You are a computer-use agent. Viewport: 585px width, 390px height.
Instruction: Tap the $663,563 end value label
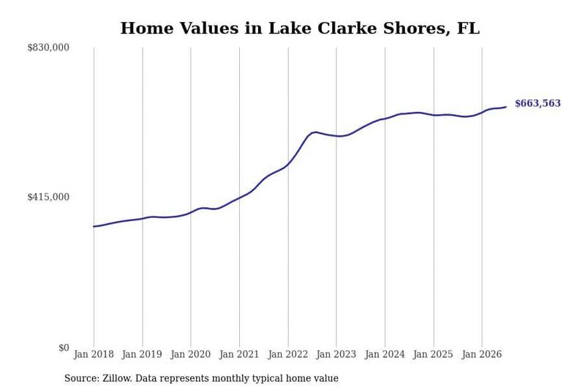pyautogui.click(x=537, y=103)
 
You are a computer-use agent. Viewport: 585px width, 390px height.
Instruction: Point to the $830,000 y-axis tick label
pyautogui.click(x=48, y=48)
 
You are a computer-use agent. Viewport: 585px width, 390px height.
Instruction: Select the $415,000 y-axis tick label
pyautogui.click(x=48, y=197)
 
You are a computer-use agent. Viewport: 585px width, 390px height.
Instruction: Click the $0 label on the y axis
pyautogui.click(x=64, y=348)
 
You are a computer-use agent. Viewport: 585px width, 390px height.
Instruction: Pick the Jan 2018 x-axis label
pyautogui.click(x=94, y=354)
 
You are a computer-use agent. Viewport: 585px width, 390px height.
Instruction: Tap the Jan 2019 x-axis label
pyautogui.click(x=142, y=354)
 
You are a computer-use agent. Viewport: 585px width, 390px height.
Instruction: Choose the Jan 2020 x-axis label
pyautogui.click(x=191, y=354)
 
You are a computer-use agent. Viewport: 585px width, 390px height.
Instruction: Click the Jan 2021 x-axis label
pyautogui.click(x=239, y=354)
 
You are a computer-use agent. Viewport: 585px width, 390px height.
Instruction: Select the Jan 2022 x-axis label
pyautogui.click(x=288, y=354)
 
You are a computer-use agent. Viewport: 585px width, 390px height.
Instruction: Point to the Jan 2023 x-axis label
pyautogui.click(x=336, y=354)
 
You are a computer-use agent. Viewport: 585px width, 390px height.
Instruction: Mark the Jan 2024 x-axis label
pyautogui.click(x=385, y=354)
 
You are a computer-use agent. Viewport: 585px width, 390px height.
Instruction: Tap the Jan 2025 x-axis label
pyautogui.click(x=433, y=354)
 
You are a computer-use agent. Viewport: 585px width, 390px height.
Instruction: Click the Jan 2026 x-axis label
pyautogui.click(x=482, y=354)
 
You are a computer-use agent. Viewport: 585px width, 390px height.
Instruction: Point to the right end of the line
pyautogui.click(x=506, y=107)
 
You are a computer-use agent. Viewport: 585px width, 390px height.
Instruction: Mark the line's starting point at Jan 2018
pyautogui.click(x=94, y=227)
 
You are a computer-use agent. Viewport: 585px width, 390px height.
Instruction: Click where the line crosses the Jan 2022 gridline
pyautogui.click(x=288, y=163)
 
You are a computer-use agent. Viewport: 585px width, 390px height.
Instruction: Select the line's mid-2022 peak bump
pyautogui.click(x=315, y=132)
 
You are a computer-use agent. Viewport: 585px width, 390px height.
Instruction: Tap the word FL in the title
pyautogui.click(x=468, y=29)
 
